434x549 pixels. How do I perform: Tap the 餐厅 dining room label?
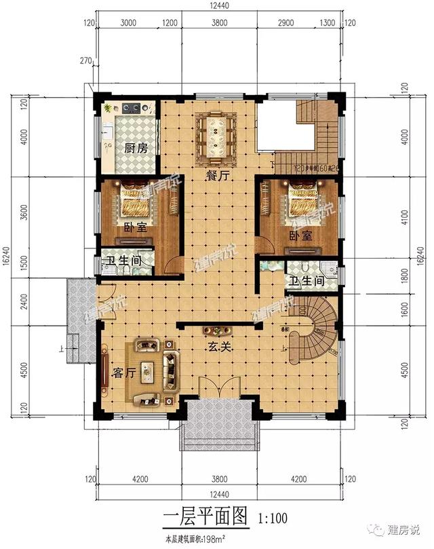coord(218,176)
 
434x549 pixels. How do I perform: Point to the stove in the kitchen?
coord(132,107)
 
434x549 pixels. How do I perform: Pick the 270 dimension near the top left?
coord(85,61)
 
